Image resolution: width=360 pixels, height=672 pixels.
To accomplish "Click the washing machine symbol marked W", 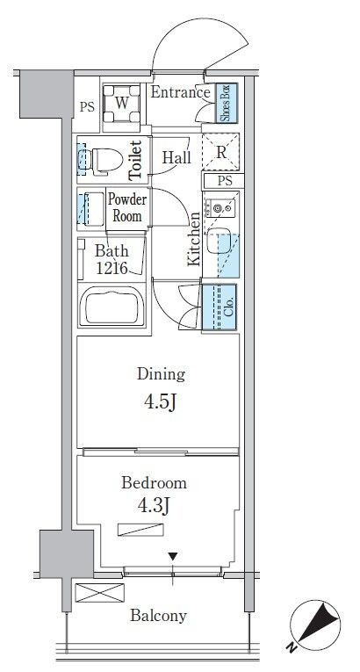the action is click(122, 103).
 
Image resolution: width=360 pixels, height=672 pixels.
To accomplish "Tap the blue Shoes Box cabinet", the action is click(226, 103).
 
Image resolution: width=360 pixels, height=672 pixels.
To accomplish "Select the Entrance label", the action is click(180, 92).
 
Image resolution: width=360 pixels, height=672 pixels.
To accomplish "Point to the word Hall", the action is click(176, 158).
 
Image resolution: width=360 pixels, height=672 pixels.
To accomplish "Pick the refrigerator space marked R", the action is click(220, 152).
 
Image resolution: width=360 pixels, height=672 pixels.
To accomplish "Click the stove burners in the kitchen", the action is click(220, 209).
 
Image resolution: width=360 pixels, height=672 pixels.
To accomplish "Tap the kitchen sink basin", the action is click(219, 242).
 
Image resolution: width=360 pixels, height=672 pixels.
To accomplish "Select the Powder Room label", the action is click(126, 207).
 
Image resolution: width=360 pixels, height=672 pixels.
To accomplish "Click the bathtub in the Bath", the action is click(112, 305).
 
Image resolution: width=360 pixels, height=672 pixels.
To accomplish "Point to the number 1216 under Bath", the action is click(112, 268).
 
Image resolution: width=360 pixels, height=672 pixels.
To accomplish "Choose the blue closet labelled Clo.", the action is click(219, 307).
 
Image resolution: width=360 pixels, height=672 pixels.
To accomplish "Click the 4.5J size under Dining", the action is click(161, 402).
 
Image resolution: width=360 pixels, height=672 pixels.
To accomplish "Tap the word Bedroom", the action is click(154, 483).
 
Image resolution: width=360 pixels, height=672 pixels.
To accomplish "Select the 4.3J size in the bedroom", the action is click(154, 506).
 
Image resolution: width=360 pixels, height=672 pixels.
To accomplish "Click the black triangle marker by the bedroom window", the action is click(172, 557).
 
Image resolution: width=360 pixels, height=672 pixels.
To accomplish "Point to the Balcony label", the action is click(159, 616).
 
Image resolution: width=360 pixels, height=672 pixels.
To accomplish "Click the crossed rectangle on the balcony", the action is click(99, 593).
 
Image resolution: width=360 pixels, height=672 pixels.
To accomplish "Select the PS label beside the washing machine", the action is click(87, 106).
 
